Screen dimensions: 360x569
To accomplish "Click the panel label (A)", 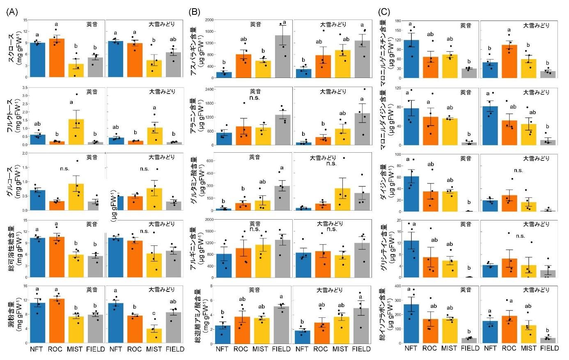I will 12,11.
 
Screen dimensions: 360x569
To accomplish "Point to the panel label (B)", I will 194,11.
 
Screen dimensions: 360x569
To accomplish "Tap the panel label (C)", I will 384,11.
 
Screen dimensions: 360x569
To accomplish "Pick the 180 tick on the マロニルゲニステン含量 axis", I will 398,21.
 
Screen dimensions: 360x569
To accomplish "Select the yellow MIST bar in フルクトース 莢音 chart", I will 76,132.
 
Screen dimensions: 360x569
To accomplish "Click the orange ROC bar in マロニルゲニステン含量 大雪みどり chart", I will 509,61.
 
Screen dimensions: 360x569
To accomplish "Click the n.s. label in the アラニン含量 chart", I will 255,98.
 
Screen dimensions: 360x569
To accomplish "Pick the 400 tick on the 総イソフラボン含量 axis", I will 397,286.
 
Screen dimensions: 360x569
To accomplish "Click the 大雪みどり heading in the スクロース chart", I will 162,24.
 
